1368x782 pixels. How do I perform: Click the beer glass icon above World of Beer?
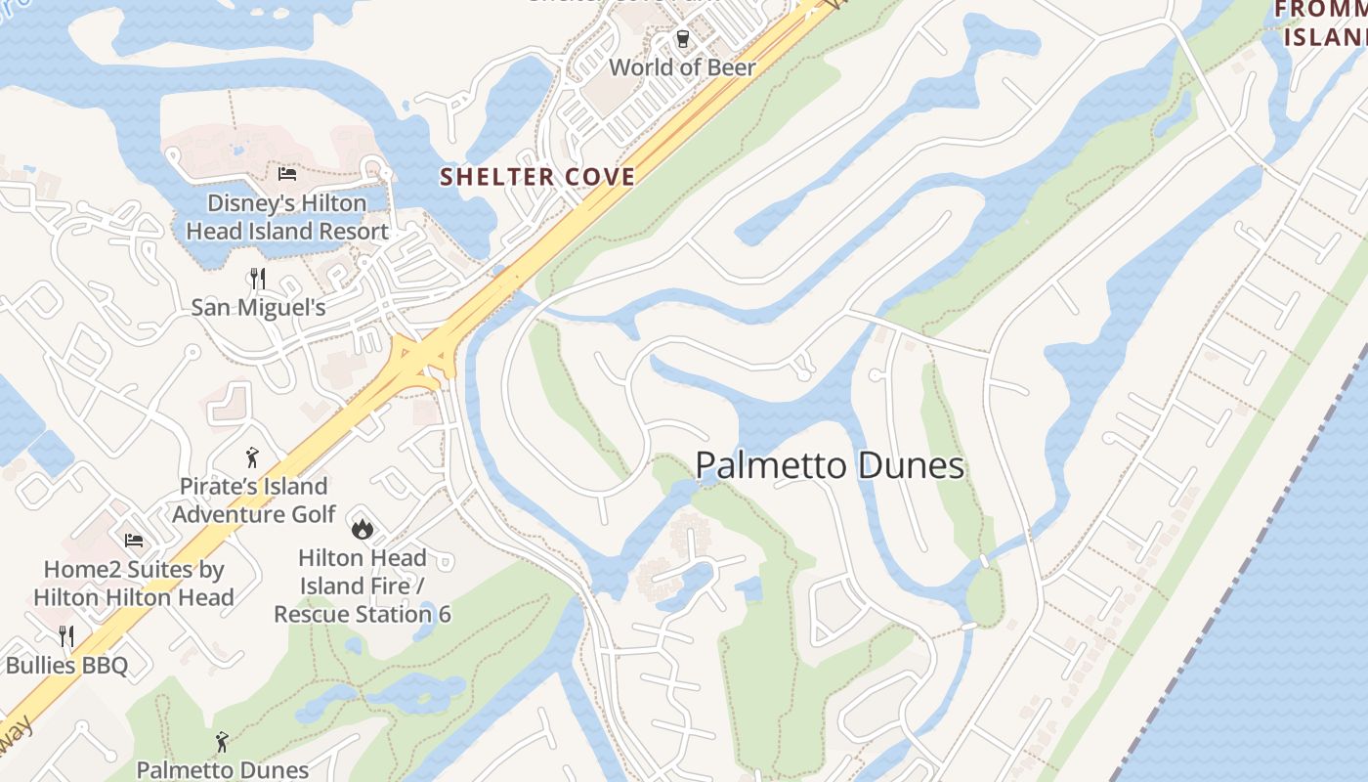(683, 40)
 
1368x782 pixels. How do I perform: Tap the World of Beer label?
(683, 67)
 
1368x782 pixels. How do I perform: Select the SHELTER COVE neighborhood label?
(537, 177)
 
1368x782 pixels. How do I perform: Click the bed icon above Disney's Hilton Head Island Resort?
(287, 174)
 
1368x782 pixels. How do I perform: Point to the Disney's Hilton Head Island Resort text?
(287, 217)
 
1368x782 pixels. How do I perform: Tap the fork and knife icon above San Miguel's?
(258, 279)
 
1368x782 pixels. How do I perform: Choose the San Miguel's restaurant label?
(258, 307)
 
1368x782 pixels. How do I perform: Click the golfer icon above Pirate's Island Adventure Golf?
(253, 457)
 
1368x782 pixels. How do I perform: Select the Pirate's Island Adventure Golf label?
(254, 500)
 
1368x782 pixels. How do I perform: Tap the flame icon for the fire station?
(362, 529)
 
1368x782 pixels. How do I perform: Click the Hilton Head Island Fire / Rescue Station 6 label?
(363, 586)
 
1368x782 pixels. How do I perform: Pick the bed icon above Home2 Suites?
(134, 540)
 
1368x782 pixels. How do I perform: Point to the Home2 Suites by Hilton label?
(134, 583)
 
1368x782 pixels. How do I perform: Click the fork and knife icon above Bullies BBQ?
(66, 636)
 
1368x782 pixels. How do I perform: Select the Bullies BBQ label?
(66, 666)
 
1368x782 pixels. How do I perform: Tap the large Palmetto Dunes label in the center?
(830, 466)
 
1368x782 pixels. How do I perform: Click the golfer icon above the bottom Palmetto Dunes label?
(223, 742)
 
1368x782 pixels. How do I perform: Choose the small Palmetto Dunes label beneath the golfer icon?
(223, 770)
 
